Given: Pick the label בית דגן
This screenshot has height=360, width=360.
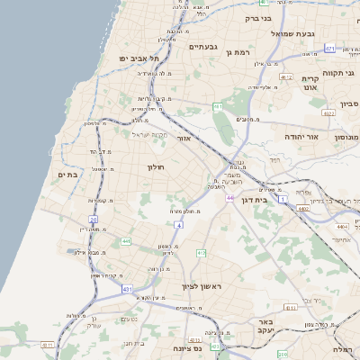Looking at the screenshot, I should pos(257,202).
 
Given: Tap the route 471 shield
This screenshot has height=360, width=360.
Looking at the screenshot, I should pos(330,49).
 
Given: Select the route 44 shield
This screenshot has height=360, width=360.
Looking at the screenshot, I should pos(230,197).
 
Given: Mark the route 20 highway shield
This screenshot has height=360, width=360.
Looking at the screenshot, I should pos(93,220).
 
